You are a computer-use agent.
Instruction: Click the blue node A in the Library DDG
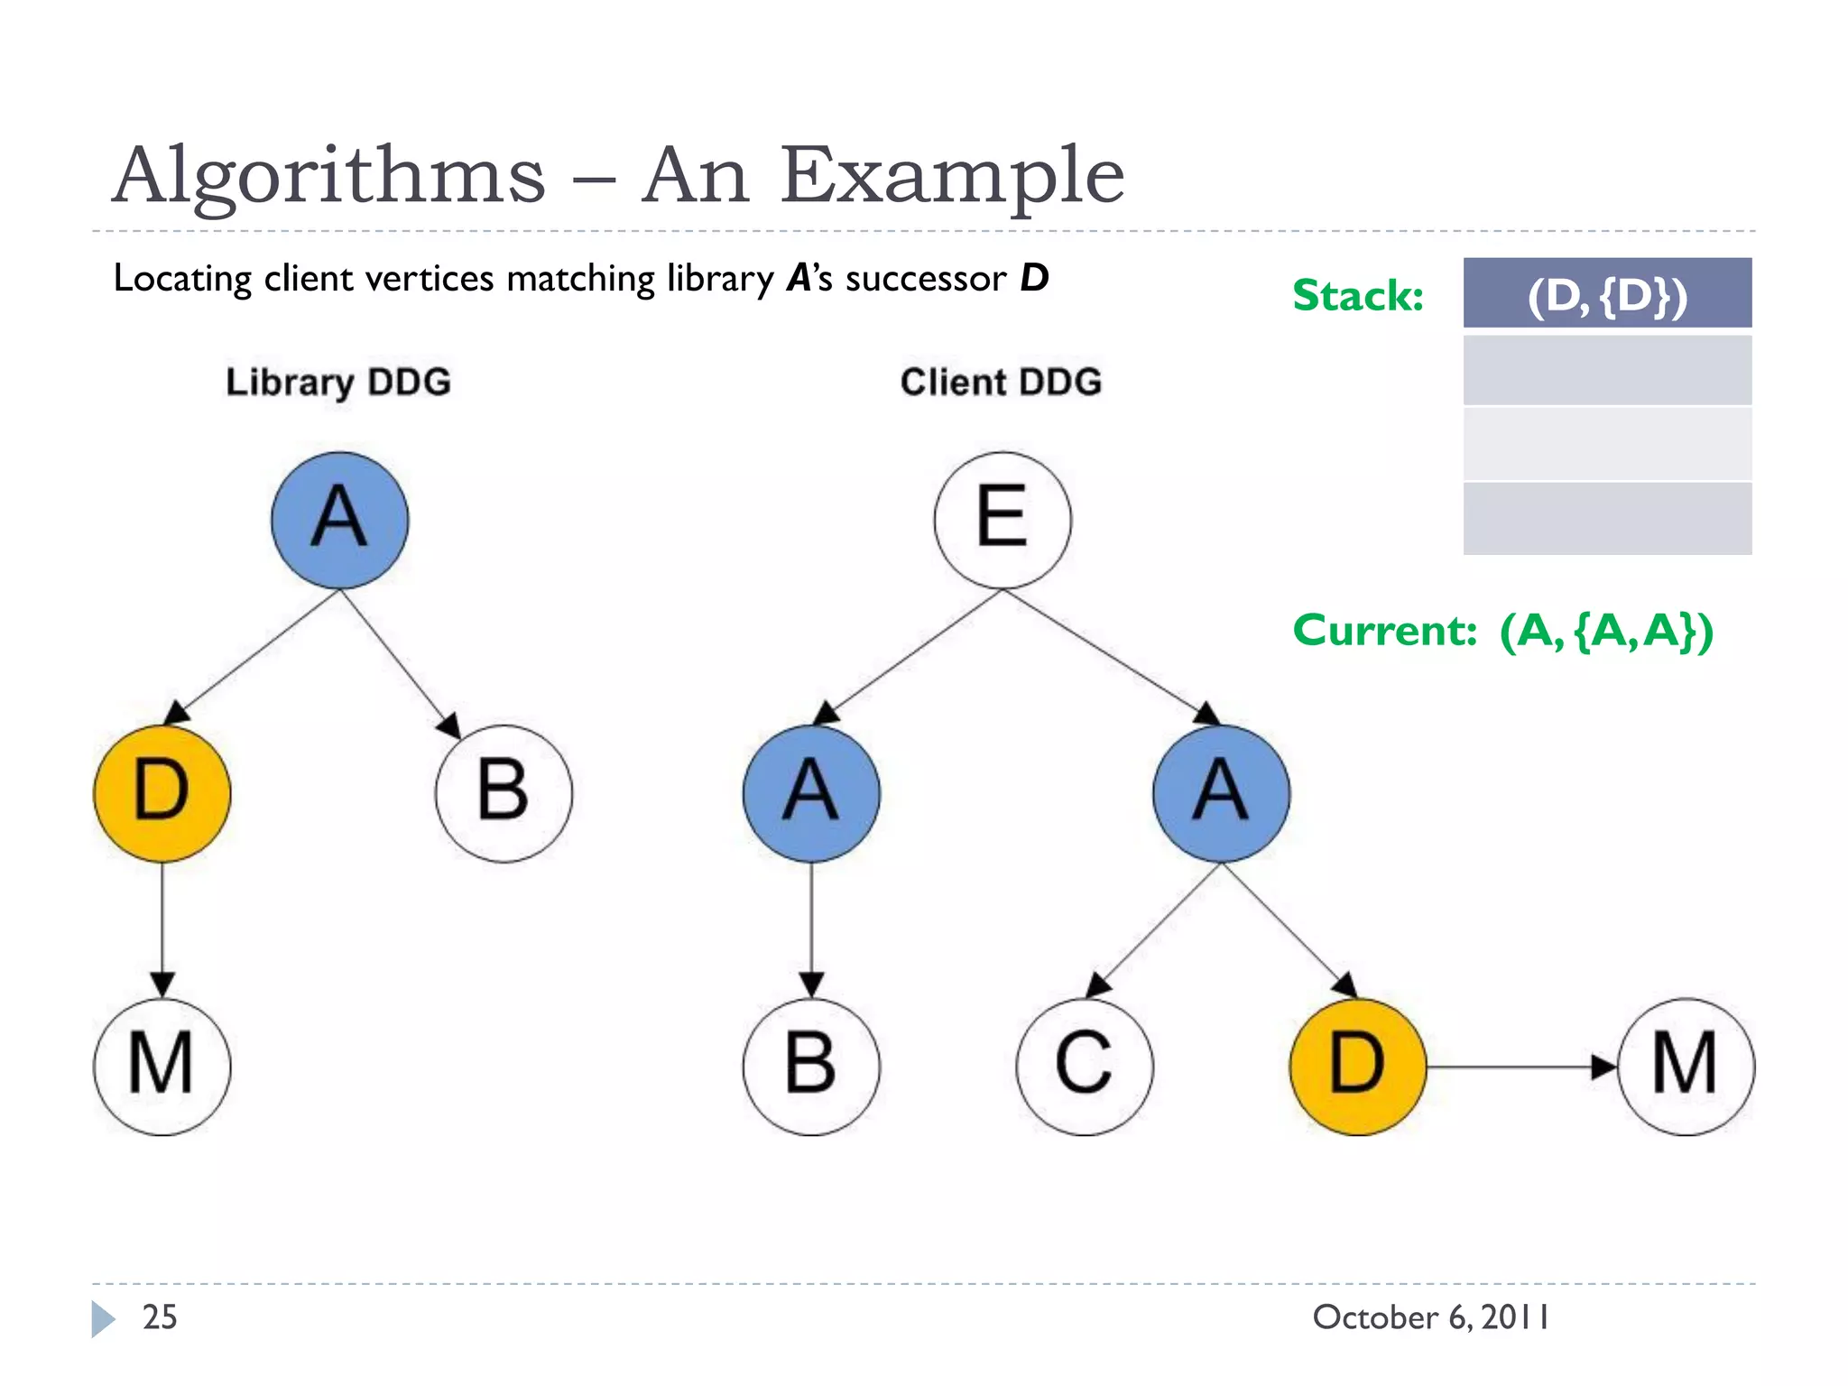click(x=339, y=521)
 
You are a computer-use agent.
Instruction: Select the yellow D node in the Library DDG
click(x=162, y=793)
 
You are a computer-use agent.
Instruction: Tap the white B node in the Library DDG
click(x=504, y=793)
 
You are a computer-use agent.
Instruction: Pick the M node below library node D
click(x=162, y=1066)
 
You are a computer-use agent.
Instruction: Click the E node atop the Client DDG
click(x=1003, y=521)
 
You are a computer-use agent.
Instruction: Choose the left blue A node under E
click(x=811, y=793)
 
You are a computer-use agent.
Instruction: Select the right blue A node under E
click(x=1221, y=793)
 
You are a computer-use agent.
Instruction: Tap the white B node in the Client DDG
click(x=811, y=1066)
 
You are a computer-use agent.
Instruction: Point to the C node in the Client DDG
click(x=1085, y=1066)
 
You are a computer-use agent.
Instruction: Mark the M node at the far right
click(x=1686, y=1066)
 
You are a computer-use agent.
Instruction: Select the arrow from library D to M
click(x=162, y=929)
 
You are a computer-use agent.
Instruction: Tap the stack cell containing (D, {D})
click(x=1607, y=293)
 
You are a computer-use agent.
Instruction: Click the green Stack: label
click(x=1358, y=296)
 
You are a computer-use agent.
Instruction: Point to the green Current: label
click(x=1384, y=631)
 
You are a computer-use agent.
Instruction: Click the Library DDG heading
click(x=338, y=383)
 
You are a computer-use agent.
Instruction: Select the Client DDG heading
click(x=1001, y=383)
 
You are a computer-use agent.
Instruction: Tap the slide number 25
click(x=160, y=1317)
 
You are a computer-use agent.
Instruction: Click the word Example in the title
click(x=951, y=177)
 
